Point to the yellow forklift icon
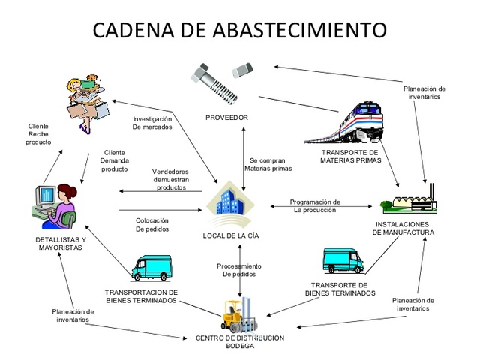(x=238, y=314)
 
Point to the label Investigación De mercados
(x=152, y=123)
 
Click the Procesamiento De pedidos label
(x=239, y=270)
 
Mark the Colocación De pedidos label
(x=152, y=225)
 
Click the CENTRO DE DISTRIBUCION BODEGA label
(x=240, y=342)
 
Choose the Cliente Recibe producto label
(x=38, y=133)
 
